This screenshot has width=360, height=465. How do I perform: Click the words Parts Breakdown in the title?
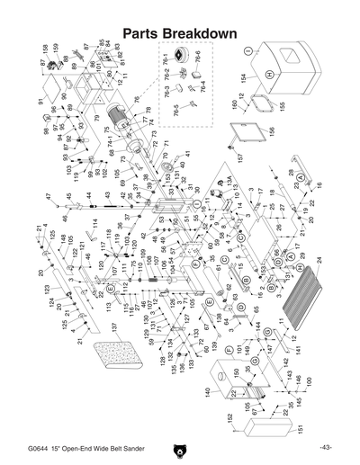(x=179, y=33)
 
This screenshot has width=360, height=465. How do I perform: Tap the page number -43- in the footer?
(x=325, y=447)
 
